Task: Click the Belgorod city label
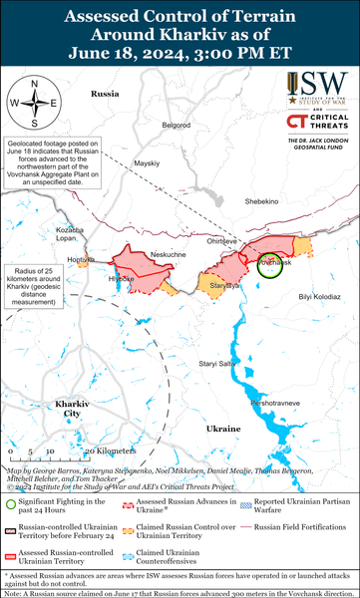pyautogui.click(x=177, y=125)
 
